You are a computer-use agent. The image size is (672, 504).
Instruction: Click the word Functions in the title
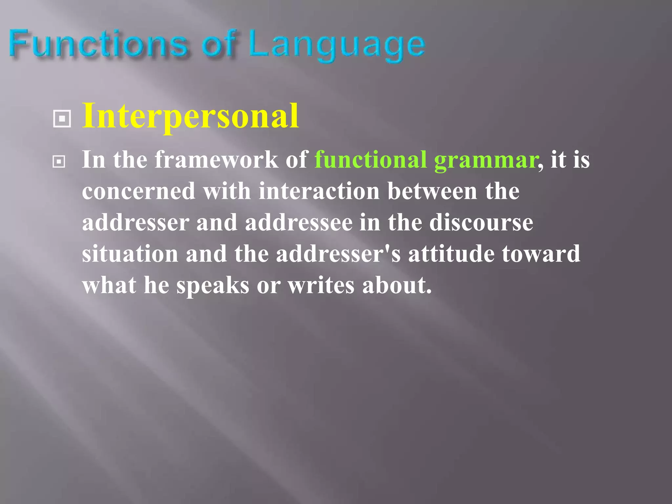click(98, 44)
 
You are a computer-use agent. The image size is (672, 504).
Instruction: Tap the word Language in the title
click(337, 46)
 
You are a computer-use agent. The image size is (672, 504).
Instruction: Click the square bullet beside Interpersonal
click(62, 119)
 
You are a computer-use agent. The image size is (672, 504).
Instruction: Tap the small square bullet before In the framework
click(59, 161)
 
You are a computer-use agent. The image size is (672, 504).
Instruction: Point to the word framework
click(216, 160)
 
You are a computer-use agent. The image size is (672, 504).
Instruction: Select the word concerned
click(139, 191)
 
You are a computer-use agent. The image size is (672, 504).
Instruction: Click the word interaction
click(319, 191)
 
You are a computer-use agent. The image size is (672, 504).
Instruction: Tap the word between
click(432, 191)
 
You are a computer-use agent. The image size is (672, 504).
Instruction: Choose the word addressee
click(299, 223)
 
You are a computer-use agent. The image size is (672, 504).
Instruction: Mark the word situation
click(130, 254)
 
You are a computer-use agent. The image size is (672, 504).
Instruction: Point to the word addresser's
click(338, 254)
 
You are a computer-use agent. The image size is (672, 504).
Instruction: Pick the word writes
click(321, 285)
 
